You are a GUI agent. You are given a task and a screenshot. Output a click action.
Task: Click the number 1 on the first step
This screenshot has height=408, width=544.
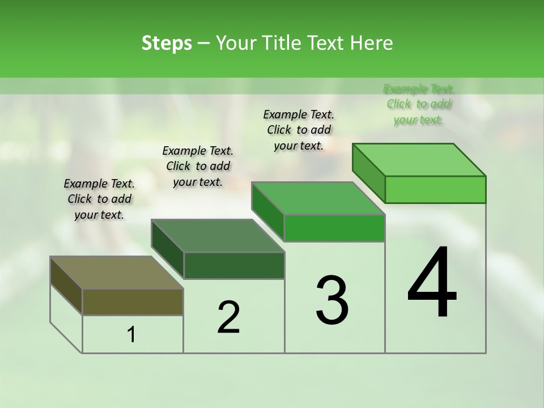(x=131, y=335)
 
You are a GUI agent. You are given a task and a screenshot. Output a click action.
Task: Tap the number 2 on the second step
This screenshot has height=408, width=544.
(x=229, y=317)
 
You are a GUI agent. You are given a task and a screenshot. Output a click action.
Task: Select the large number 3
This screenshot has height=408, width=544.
(x=332, y=300)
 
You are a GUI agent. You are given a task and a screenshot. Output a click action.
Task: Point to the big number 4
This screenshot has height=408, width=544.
(x=432, y=283)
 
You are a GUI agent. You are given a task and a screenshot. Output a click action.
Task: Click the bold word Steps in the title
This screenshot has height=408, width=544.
(x=167, y=43)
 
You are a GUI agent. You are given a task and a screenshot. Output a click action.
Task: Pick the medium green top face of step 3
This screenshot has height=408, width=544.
(x=318, y=198)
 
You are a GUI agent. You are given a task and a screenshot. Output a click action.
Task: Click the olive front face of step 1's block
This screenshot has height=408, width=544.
(x=133, y=301)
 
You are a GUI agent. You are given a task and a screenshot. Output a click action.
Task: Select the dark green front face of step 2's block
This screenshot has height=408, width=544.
(x=234, y=265)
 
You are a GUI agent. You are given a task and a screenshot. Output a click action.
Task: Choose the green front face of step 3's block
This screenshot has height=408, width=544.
(x=334, y=228)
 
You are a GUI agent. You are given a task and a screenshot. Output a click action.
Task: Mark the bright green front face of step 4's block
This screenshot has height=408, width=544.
(x=435, y=189)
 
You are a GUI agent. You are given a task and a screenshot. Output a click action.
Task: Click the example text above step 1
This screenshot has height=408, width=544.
(x=99, y=199)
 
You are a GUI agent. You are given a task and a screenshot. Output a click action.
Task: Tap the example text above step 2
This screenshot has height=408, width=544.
(x=198, y=166)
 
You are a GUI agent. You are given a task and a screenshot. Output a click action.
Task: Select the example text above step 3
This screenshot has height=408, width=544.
(x=299, y=130)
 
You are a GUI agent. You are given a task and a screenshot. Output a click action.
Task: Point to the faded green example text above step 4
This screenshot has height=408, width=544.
(x=419, y=104)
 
